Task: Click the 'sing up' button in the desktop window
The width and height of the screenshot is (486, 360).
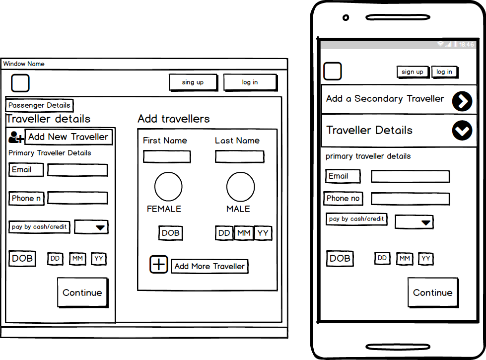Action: point(193,82)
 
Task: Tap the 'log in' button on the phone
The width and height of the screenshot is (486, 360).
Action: point(444,72)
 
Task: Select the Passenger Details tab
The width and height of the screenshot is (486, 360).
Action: point(39,105)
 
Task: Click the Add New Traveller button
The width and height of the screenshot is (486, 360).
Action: point(69,137)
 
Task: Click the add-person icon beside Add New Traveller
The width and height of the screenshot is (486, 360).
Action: point(16,137)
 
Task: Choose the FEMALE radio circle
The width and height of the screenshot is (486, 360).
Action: point(168,187)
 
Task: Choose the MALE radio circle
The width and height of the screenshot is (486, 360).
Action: point(241,187)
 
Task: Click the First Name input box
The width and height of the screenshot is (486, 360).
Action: point(167,156)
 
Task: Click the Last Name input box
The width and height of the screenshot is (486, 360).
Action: point(240,156)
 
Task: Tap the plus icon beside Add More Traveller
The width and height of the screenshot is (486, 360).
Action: point(159,265)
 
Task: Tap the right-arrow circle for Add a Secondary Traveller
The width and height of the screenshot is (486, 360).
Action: point(462,101)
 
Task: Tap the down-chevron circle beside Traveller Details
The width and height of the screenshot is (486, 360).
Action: point(462,130)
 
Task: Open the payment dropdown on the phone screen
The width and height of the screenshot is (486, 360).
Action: point(414,222)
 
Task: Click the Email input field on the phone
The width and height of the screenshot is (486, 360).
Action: point(411,176)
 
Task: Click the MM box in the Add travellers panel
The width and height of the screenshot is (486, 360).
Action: point(244,233)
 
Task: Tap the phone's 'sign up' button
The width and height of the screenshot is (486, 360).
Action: point(413,72)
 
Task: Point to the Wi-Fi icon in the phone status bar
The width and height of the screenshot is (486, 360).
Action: point(440,44)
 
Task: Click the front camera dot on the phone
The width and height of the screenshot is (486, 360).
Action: point(346,18)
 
